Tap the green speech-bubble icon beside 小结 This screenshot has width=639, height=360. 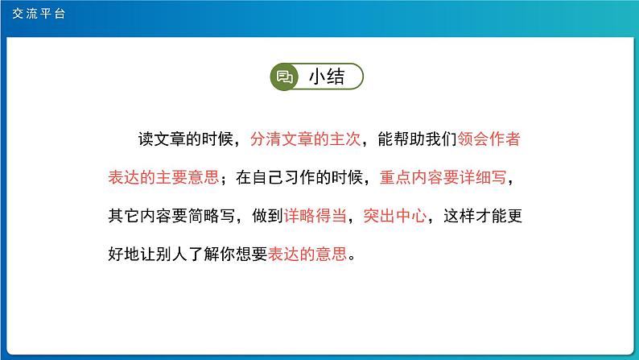click(284, 77)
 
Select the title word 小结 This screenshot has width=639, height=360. click(327, 77)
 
